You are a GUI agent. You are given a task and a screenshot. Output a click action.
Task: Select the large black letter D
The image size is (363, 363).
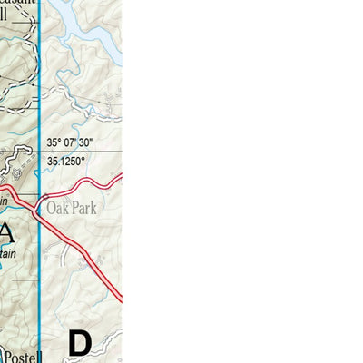[x=80, y=343]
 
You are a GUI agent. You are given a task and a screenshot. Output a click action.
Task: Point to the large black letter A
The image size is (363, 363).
[x=6, y=234]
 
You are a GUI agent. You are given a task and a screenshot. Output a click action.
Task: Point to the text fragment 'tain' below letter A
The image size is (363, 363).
[x=5, y=258]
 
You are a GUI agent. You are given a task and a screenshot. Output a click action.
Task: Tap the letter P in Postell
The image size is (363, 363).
[x=5, y=352]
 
